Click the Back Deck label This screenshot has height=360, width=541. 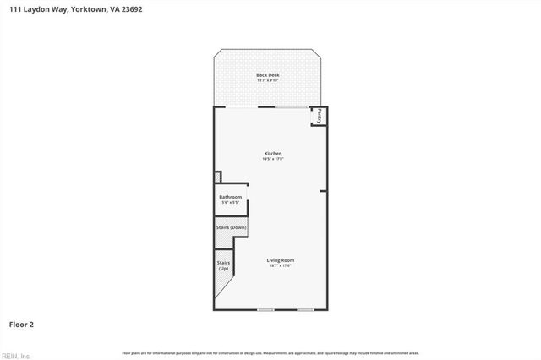[268, 75]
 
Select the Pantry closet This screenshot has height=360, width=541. [320, 117]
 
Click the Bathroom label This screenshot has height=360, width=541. [231, 197]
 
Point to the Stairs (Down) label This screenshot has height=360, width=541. [231, 227]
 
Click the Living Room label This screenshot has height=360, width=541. [281, 259]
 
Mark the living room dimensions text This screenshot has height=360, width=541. [281, 265]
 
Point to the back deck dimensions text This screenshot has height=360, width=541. [268, 80]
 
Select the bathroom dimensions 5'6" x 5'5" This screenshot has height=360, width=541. [231, 203]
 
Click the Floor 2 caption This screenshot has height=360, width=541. [21, 324]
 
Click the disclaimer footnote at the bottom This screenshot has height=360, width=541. [270, 352]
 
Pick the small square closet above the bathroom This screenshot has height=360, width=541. [217, 177]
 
